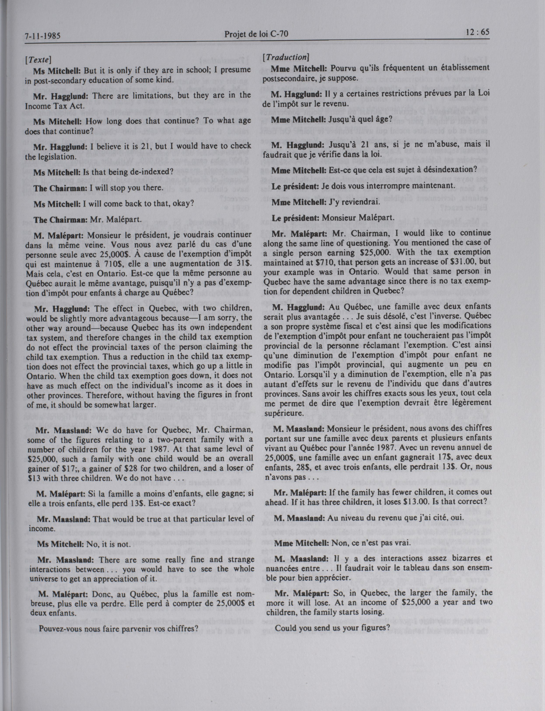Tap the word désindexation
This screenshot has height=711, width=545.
[447, 169]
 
